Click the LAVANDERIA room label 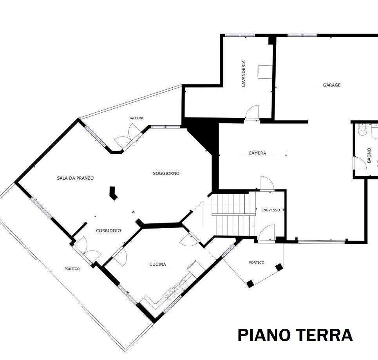(243, 73)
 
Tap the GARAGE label (331, 85)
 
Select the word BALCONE (136, 118)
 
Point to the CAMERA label (257, 153)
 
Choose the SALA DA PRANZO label (75, 178)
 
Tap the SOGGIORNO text (166, 173)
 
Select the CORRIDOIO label (109, 231)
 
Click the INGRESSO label (271, 210)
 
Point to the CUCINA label (157, 265)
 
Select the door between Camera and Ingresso (268, 183)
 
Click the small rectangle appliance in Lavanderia (265, 72)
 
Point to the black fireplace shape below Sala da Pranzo (113, 193)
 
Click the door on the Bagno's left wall (359, 163)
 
